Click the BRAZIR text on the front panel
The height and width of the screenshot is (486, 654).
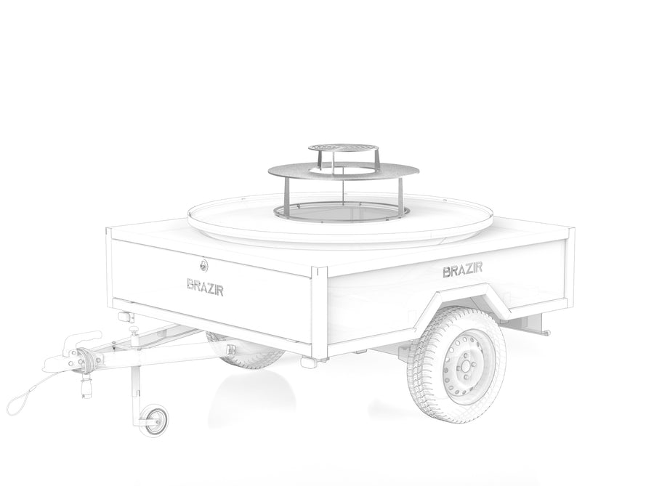205,287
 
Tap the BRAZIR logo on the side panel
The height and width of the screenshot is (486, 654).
463,270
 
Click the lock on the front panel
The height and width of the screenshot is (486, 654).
203,264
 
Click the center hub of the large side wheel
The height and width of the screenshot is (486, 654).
464,368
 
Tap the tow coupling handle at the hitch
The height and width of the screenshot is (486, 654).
83,337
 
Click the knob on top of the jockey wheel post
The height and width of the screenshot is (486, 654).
134,330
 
